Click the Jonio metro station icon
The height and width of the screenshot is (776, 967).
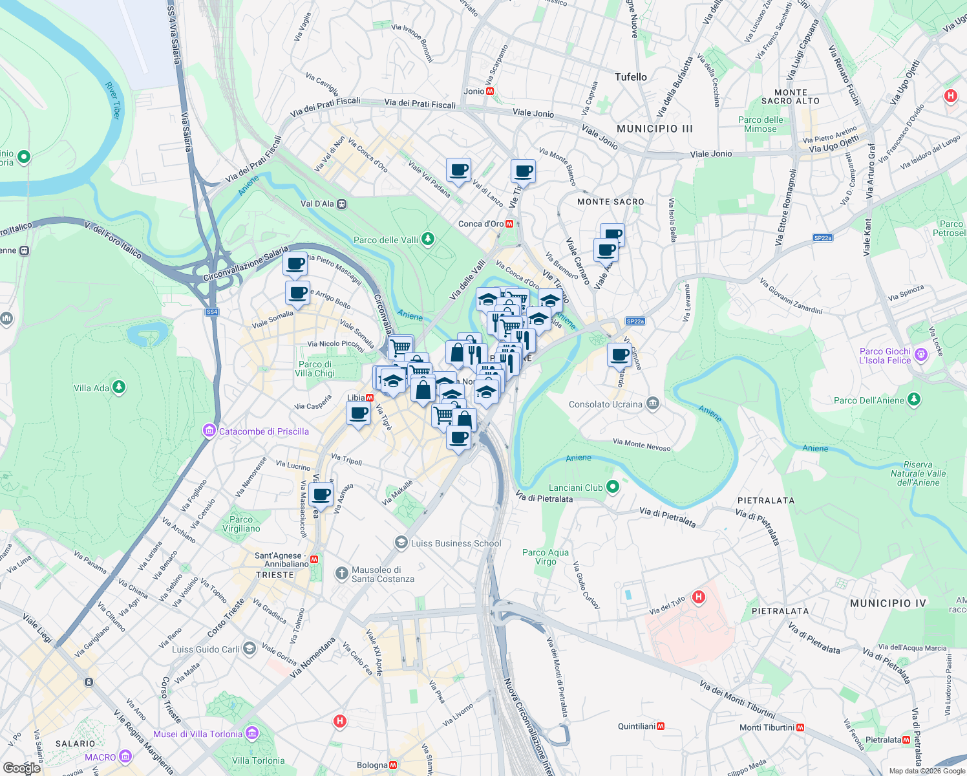click(490, 91)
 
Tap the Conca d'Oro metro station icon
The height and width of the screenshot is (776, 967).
click(510, 224)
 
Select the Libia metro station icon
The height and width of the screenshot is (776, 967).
click(370, 398)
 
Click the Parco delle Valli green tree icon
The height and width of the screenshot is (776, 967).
click(427, 240)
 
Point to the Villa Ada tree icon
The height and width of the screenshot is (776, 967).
click(118, 387)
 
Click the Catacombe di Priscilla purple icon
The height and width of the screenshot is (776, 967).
click(209, 431)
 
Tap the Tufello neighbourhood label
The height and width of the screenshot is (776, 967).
click(630, 77)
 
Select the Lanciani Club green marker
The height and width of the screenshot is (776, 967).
click(613, 487)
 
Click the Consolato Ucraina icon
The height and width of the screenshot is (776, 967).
click(653, 404)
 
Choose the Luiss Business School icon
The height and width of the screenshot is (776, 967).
click(401, 543)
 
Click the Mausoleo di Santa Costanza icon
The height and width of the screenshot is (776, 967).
click(342, 574)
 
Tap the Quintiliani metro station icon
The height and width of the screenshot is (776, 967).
click(661, 726)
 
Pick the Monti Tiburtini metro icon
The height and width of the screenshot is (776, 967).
click(800, 727)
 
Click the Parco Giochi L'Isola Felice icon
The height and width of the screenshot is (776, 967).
click(921, 354)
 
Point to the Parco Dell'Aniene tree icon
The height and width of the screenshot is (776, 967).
click(913, 400)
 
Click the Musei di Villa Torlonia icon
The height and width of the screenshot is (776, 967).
click(252, 733)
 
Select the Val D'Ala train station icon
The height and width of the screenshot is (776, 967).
click(342, 204)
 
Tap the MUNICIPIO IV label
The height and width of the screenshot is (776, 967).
click(887, 603)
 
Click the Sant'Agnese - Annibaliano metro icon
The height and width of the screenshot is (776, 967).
click(314, 559)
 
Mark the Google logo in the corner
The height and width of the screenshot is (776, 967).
click(21, 768)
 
